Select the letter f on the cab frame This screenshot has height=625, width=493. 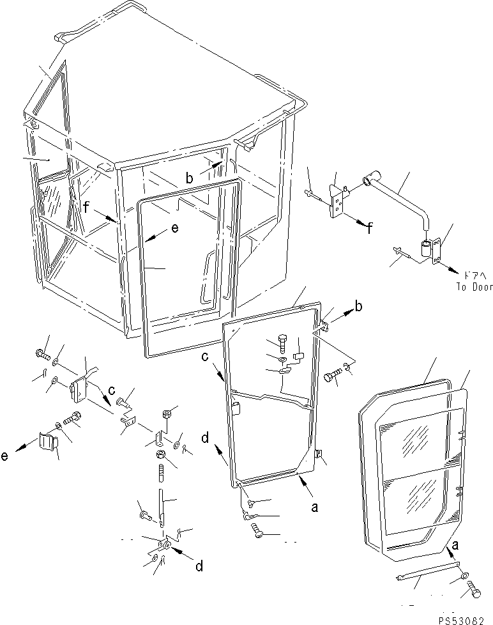86,206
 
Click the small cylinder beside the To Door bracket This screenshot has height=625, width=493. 425,250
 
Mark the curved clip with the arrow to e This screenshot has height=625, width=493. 48,442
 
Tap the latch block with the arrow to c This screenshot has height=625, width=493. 80,388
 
